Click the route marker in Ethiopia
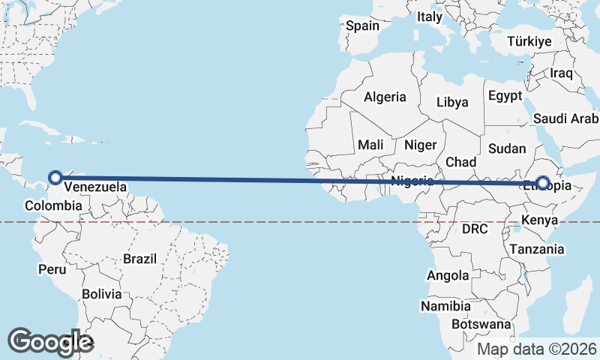click(543, 182)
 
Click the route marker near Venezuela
click(55, 178)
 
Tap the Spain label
click(362, 25)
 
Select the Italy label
click(430, 16)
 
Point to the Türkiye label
click(529, 41)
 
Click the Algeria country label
click(385, 97)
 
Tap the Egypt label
click(504, 96)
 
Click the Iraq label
click(561, 73)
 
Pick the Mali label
click(370, 145)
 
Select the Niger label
click(420, 145)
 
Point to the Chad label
click(460, 162)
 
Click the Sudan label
click(507, 148)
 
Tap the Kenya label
click(540, 220)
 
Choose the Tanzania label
click(536, 249)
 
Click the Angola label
click(448, 276)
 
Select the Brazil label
click(140, 259)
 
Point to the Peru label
click(52, 268)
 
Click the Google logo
click(50, 342)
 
